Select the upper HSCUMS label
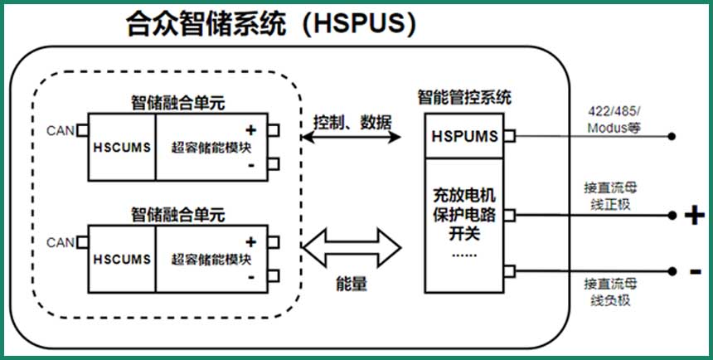click(x=122, y=147)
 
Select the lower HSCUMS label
click(x=122, y=259)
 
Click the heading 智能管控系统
click(x=464, y=97)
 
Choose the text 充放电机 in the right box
click(x=464, y=197)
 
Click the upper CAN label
click(x=61, y=130)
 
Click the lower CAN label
click(x=61, y=242)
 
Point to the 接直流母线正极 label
click(x=611, y=195)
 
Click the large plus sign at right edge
click(x=693, y=216)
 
